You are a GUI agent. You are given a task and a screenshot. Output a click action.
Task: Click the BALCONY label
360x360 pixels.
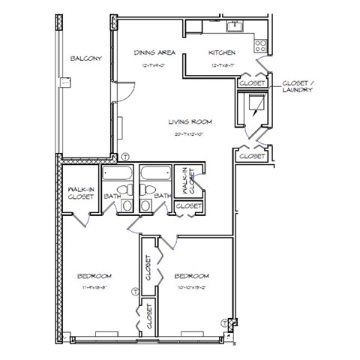coord(86,58)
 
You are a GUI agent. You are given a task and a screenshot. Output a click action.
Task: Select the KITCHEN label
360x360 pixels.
coord(223,52)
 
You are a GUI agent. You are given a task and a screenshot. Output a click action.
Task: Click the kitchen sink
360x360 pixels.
coord(235,28)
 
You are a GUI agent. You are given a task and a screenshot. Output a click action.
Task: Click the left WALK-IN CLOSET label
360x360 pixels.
coord(80,193)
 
